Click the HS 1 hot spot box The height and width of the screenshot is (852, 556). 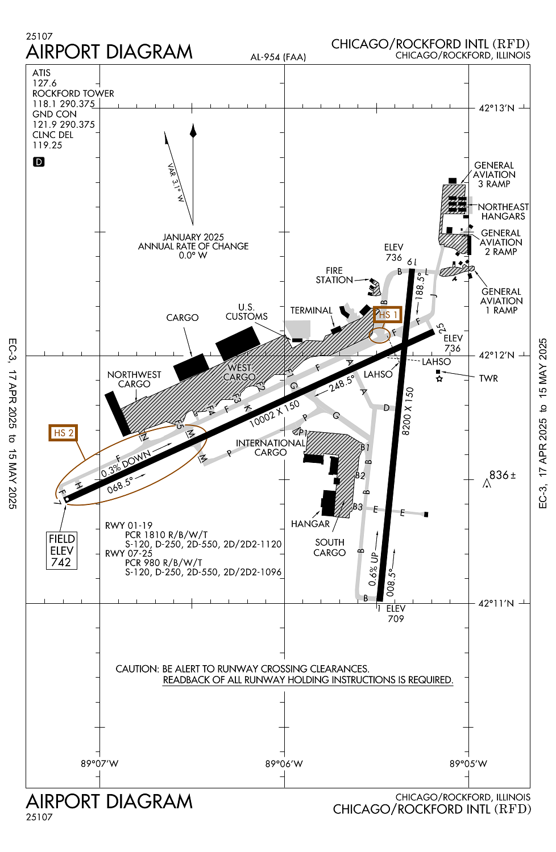388,315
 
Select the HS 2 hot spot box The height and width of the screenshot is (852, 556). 63,433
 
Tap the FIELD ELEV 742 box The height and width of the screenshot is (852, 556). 61,550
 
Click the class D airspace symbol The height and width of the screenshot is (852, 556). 39,162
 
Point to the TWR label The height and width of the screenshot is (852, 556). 488,378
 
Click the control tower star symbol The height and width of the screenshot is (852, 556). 439,379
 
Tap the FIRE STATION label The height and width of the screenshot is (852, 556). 334,275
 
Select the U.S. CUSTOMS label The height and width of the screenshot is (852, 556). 246,312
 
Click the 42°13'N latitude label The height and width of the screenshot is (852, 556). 496,108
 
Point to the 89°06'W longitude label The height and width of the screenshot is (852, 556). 284,764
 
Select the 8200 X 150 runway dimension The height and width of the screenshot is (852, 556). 407,411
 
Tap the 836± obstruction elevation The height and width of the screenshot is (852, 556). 503,475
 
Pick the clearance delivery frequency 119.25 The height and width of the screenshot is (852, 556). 47,145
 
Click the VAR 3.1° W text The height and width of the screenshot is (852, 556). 176,183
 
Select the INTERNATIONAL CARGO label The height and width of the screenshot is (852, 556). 271,448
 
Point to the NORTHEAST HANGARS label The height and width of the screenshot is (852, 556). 503,211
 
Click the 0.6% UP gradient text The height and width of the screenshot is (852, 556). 374,569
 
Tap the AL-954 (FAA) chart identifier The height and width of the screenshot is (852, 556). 278,57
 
